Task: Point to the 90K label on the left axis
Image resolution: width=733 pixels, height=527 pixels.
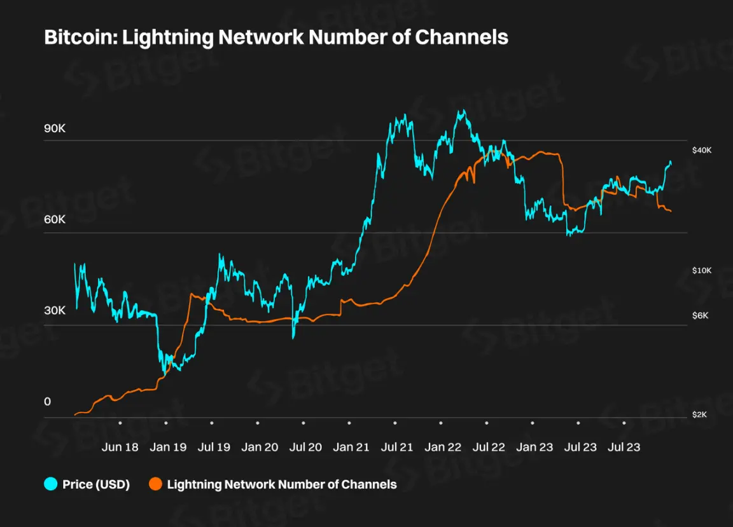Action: coord(54,128)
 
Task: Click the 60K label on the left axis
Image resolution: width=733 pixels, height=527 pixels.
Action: coord(54,220)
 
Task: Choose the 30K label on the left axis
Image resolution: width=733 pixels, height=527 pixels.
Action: coord(54,311)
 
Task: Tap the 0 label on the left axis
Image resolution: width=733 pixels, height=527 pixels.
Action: coord(47,402)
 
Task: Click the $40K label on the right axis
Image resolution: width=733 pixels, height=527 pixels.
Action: coord(702,150)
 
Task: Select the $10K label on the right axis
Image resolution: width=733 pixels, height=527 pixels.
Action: coord(702,271)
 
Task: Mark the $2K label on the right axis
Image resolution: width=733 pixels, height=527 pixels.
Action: coord(701,414)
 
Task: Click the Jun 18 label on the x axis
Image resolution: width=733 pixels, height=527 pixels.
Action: coord(120,447)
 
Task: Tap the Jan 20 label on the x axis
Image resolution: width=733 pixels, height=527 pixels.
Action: coord(260,447)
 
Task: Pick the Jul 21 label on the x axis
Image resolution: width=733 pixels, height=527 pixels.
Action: coord(397,447)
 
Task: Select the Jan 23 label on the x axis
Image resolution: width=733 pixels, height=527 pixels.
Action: coord(534,447)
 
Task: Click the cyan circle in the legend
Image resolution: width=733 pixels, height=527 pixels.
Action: coord(50,484)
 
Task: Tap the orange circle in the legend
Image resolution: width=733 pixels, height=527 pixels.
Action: coord(155,484)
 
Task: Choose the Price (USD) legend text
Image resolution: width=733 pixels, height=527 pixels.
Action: coord(96,484)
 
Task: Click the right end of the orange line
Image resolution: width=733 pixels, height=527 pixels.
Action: coord(671,211)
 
